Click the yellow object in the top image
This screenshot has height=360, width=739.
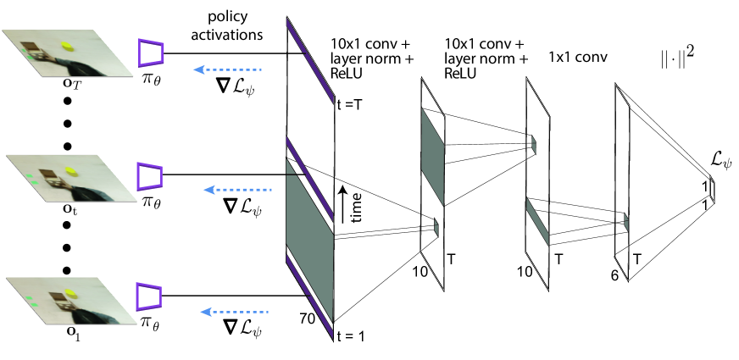tap(67, 43)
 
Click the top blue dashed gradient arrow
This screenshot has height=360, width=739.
tap(228, 71)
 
